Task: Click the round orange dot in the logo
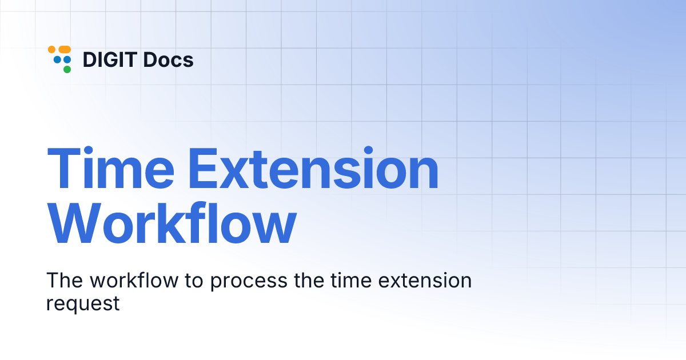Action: pos(51,50)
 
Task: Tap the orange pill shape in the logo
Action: pos(64,50)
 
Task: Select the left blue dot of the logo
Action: pos(57,59)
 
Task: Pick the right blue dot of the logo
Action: pos(67,59)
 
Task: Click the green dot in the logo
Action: pos(67,69)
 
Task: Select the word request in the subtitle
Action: pos(83,303)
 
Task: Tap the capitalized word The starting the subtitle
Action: pos(63,281)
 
